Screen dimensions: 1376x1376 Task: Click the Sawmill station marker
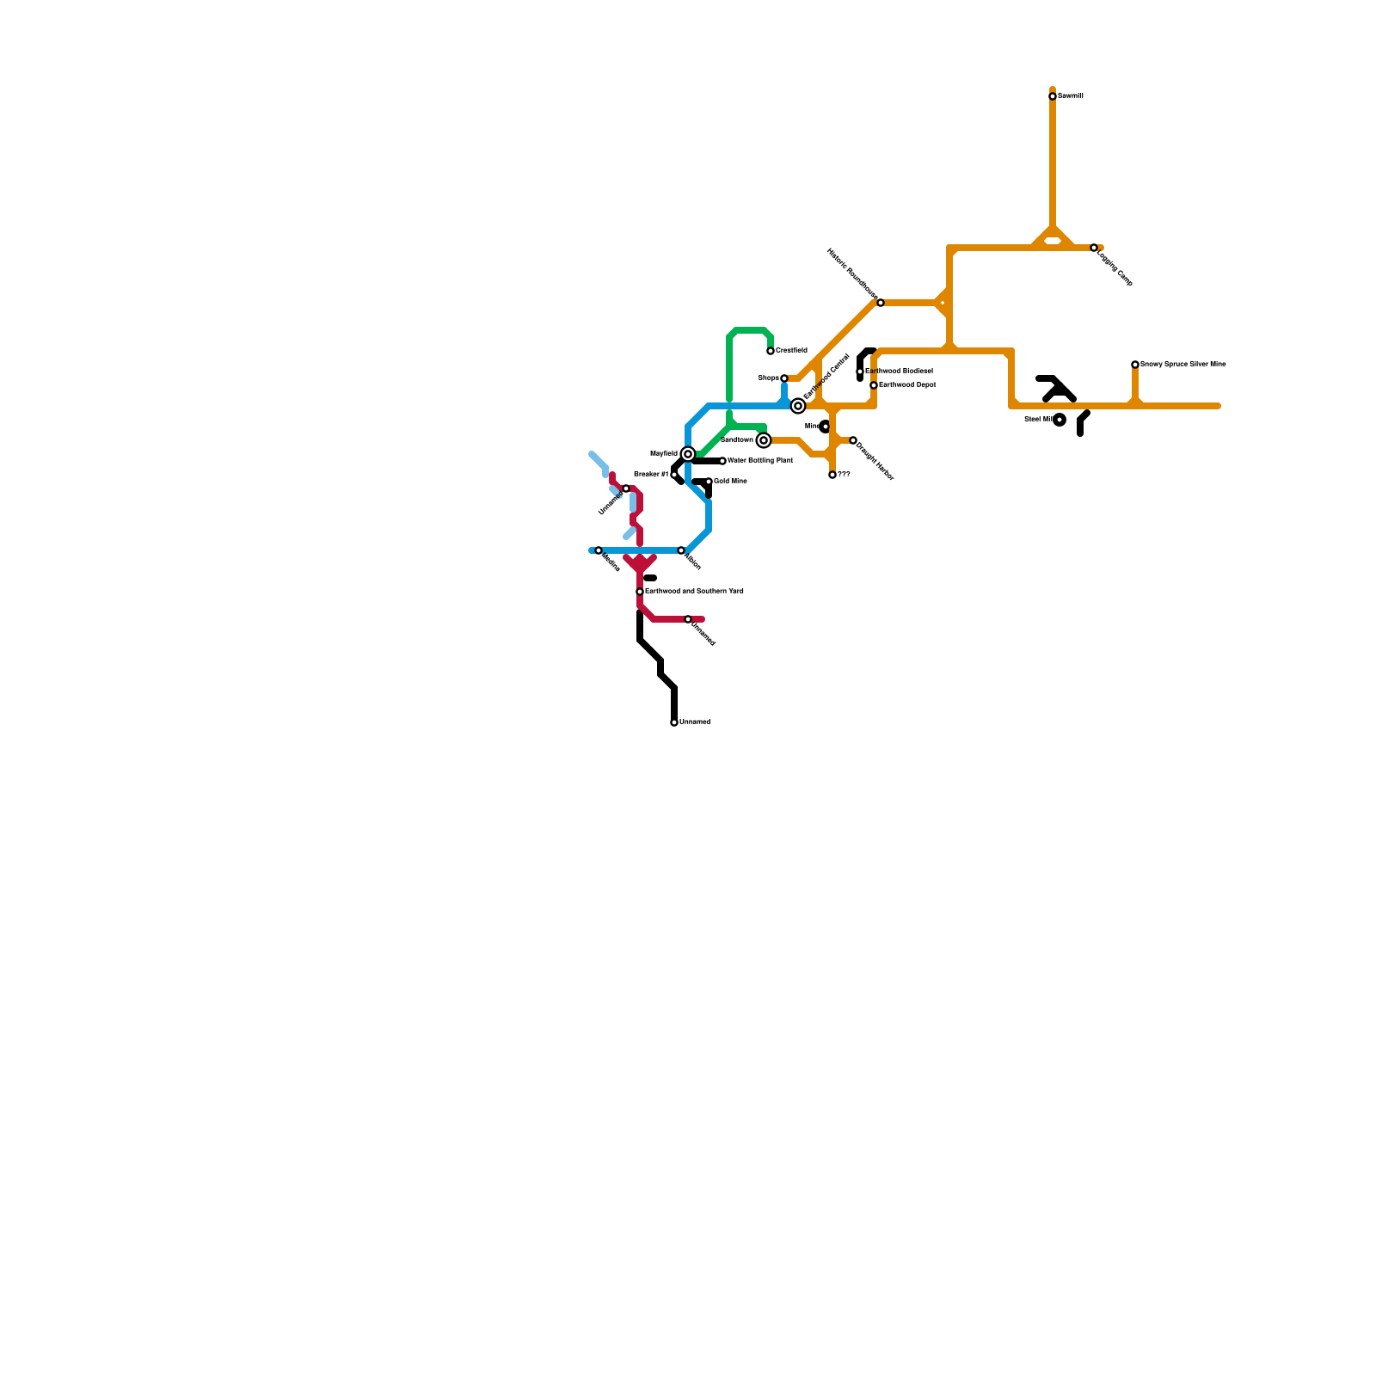coord(1053,96)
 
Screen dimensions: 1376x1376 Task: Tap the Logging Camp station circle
coord(1094,248)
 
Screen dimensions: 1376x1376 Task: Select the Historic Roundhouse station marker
coord(881,303)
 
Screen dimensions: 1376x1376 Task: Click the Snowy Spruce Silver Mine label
coord(1183,365)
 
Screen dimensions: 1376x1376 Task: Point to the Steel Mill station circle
coord(1060,420)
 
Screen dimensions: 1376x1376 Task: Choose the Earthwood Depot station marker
coord(874,385)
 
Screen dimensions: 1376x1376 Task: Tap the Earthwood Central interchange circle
coord(798,406)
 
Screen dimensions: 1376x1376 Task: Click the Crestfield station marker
coord(771,351)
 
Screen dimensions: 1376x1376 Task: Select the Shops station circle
coord(784,378)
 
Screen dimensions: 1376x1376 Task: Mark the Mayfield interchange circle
coord(688,454)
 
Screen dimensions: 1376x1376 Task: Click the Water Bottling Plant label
coord(760,461)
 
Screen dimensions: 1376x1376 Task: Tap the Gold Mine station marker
coord(709,482)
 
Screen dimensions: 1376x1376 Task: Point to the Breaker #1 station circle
coord(674,475)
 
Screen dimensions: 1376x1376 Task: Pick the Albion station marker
coord(681,550)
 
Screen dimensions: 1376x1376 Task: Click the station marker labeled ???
coord(832,475)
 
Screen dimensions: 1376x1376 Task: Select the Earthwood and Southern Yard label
coord(694,592)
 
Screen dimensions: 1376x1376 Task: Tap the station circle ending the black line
coord(674,722)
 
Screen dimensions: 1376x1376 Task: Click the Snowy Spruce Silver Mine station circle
coord(1135,365)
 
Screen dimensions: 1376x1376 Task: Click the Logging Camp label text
coord(1115,268)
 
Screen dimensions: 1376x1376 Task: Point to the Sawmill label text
coord(1071,96)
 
